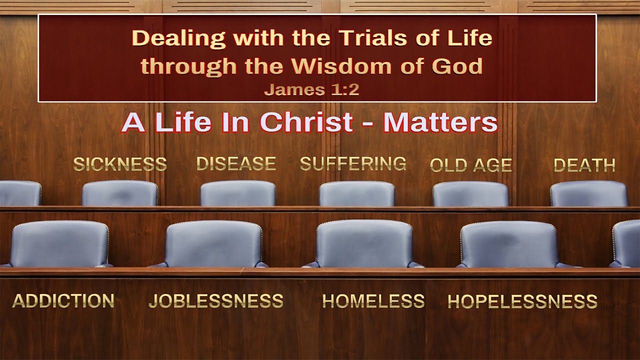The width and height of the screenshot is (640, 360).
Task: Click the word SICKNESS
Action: click(120, 164)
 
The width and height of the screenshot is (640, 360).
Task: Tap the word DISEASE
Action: click(236, 163)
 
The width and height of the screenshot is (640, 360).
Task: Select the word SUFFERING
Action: click(353, 163)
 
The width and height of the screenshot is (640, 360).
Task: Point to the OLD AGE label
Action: click(471, 165)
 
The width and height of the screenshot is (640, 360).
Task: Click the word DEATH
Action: click(584, 165)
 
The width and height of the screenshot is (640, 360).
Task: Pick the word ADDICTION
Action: click(63, 300)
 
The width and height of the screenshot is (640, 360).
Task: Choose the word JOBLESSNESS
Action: click(216, 300)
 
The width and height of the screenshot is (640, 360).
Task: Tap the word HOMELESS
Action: click(373, 301)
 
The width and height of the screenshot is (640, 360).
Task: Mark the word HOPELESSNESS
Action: click(522, 301)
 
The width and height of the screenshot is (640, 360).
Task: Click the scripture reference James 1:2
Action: click(312, 89)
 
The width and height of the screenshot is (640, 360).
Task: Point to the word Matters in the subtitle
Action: click(440, 122)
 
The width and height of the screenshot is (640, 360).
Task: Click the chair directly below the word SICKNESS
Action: click(120, 193)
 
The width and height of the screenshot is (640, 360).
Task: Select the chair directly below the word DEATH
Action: click(589, 193)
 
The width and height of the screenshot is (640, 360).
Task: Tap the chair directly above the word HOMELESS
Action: click(364, 244)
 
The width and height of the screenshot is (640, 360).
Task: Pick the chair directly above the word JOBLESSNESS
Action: click(214, 244)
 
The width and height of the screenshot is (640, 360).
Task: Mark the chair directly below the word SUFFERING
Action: click(356, 193)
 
